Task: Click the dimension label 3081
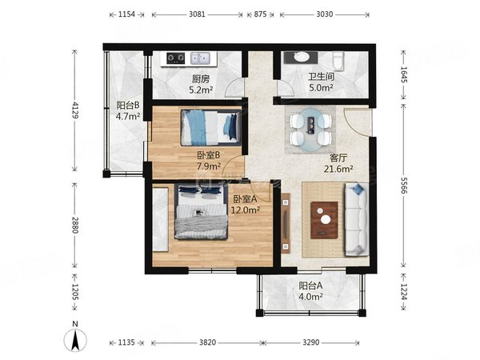pos(197,14)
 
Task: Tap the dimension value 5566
pos(403,186)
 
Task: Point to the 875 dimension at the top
pos(260,14)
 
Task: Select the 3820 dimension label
pos(207,342)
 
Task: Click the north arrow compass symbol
pos(75,339)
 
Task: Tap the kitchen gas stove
pos(176,58)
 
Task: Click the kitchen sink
pos(200,58)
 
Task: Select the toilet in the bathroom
pos(338,61)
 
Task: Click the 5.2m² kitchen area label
pos(201,90)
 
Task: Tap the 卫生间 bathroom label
pos(321,77)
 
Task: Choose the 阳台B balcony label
pos(128,106)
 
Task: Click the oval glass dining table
pos(310,130)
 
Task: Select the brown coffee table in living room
pos(324,220)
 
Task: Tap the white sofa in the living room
pos(356,219)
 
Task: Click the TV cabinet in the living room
pos(286,223)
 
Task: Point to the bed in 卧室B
pos(210,128)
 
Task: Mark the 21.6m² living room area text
pos(338,169)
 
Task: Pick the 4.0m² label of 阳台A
pos(310,297)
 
